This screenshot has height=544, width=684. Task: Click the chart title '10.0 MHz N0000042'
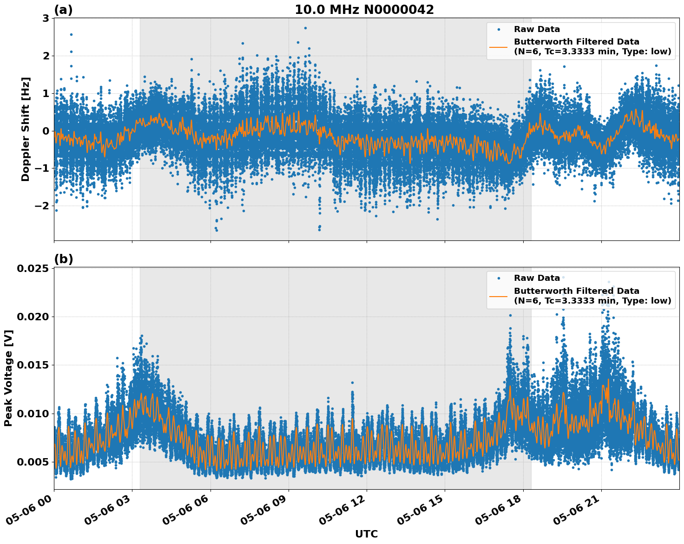pos(364,10)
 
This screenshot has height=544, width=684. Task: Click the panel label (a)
pos(63,10)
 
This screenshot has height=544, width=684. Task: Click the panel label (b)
pos(63,259)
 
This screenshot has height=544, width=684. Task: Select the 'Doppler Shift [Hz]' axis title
pos(26,129)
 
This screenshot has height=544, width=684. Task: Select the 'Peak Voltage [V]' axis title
pos(8,378)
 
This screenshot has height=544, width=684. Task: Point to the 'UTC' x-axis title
pos(366,534)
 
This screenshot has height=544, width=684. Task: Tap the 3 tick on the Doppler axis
pos(46,19)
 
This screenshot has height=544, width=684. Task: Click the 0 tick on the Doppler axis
pos(46,131)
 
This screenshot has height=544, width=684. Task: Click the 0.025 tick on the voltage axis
pos(33,269)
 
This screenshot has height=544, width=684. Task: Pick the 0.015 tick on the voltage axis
pos(33,365)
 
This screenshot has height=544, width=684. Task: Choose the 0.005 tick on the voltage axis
pos(33,462)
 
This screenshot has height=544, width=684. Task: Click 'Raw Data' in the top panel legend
pos(537,29)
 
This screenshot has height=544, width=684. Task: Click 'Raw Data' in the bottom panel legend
pos(537,278)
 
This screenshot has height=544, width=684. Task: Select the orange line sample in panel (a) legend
pos(499,46)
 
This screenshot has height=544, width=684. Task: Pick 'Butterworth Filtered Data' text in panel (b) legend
pos(576,291)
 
